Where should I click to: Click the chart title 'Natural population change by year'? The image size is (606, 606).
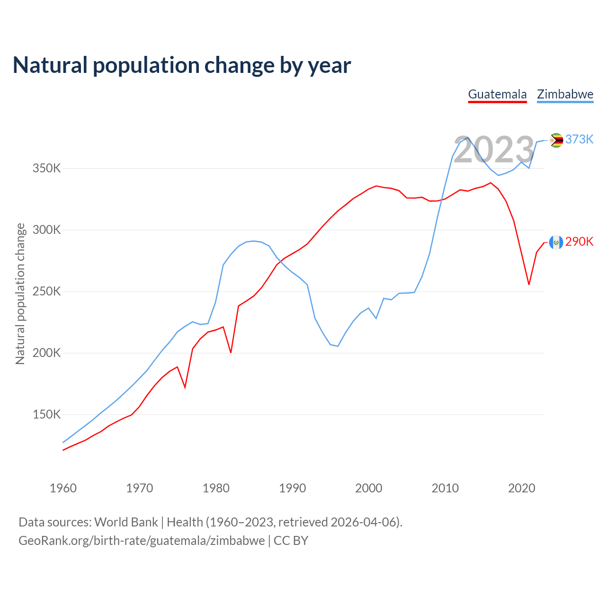point(182,65)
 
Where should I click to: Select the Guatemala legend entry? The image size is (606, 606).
point(497,94)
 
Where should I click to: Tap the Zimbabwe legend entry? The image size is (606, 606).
point(565,94)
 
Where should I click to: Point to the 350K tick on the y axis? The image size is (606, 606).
point(47,168)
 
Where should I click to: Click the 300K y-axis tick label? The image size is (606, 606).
point(47,230)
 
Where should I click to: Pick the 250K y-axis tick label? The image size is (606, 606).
point(47,292)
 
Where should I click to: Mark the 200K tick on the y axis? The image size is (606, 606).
point(47,353)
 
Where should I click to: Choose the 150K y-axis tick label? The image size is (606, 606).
point(47,415)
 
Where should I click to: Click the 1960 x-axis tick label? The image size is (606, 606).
point(63,488)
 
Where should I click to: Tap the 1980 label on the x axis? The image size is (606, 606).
point(216,488)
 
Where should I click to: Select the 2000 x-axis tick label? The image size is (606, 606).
point(369,488)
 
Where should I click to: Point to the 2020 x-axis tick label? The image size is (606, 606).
point(522,488)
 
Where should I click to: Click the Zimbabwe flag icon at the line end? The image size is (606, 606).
point(556,140)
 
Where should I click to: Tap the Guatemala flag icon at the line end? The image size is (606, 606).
point(556,242)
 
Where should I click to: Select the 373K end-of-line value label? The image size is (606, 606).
point(579,139)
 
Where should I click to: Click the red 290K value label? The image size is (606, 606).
point(579,242)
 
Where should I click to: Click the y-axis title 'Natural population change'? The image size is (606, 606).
point(20,294)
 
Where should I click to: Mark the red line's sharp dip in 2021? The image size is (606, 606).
point(529,284)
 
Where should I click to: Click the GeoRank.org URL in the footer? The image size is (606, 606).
point(142,541)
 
